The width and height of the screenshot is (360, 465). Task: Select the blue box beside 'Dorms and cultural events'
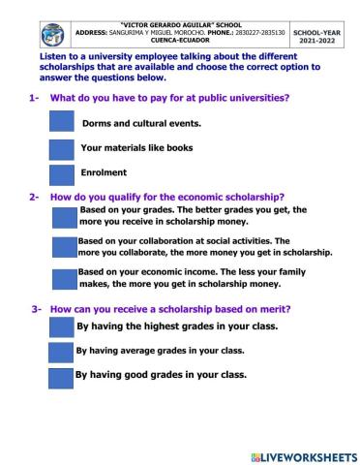61,122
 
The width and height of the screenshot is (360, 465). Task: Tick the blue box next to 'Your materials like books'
61,148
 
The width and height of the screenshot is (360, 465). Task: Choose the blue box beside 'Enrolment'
61,173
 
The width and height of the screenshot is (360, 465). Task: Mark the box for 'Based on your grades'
65,216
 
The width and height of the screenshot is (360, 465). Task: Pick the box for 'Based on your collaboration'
65,246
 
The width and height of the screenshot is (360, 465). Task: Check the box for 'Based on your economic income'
65,278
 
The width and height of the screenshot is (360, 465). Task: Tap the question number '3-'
36,309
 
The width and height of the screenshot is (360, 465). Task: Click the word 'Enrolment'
104,172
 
